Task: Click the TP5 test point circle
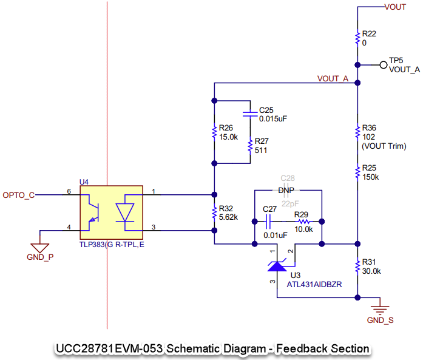click(x=384, y=65)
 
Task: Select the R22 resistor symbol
click(x=357, y=38)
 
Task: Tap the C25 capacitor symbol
click(x=250, y=114)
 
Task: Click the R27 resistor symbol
click(x=250, y=146)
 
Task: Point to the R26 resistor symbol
click(x=214, y=132)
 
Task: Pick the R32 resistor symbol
click(x=214, y=212)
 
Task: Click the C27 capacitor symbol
click(x=268, y=222)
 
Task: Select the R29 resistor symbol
click(x=304, y=222)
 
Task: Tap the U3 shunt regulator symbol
click(x=277, y=266)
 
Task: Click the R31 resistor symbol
click(x=357, y=267)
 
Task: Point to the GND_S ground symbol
click(x=380, y=310)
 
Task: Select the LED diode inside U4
click(x=125, y=212)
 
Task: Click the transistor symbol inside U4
click(x=93, y=212)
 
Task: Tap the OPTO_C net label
click(x=19, y=195)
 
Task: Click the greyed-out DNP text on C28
click(x=286, y=191)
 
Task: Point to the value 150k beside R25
click(x=371, y=177)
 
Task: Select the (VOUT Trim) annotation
click(x=384, y=146)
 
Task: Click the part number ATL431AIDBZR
click(x=314, y=285)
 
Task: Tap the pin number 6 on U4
click(x=69, y=191)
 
